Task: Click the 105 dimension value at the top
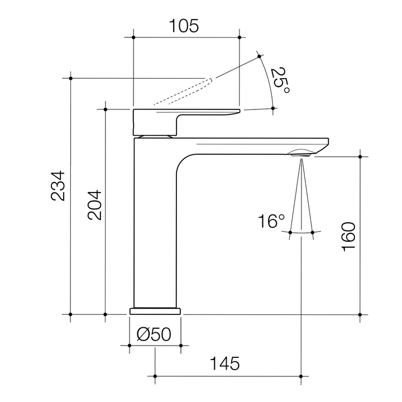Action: click(184, 26)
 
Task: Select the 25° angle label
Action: click(280, 80)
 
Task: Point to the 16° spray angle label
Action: click(271, 222)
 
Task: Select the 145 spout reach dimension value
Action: click(224, 363)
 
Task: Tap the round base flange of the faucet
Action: click(156, 310)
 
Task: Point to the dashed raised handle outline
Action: click(184, 92)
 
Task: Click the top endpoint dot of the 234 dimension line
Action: click(70, 78)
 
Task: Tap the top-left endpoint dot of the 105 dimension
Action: click(133, 37)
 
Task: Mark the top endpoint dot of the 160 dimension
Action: click(361, 157)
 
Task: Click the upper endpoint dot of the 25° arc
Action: click(260, 55)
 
